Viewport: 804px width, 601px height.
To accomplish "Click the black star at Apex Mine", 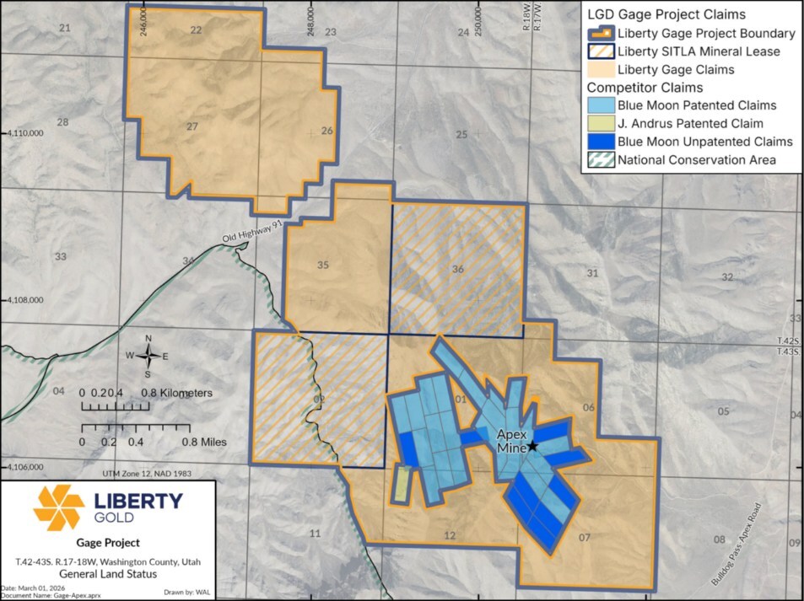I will (532, 446).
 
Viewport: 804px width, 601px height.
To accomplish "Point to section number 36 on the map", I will (458, 270).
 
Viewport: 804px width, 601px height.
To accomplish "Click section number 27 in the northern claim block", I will (192, 126).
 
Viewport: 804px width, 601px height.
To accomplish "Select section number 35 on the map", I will (322, 266).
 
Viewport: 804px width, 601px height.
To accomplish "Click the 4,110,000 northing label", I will (25, 133).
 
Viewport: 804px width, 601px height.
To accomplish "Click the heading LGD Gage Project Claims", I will (666, 14).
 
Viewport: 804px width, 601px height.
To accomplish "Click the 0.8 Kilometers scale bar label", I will (176, 393).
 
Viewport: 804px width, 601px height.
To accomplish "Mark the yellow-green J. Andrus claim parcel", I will (402, 484).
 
